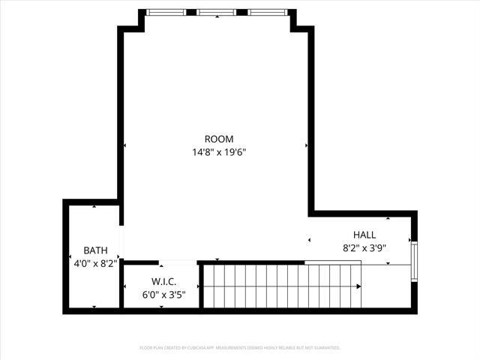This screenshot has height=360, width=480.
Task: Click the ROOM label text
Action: point(219,139)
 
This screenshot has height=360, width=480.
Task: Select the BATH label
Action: point(95,250)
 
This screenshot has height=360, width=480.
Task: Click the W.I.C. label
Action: point(163,282)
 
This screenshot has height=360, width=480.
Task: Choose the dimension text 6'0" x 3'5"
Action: point(163,295)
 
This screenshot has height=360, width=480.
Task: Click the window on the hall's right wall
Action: point(413,259)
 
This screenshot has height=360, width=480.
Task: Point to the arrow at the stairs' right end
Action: point(359,286)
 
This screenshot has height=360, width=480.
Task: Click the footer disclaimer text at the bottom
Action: point(240,348)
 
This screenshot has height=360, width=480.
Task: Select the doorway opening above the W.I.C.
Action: point(178,262)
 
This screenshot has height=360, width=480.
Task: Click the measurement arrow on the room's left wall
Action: point(125,145)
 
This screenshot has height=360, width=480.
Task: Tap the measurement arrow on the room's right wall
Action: point(306,145)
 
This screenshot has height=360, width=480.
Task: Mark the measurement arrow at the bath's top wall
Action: point(94,206)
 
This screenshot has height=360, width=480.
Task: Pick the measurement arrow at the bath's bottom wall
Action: point(94,306)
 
